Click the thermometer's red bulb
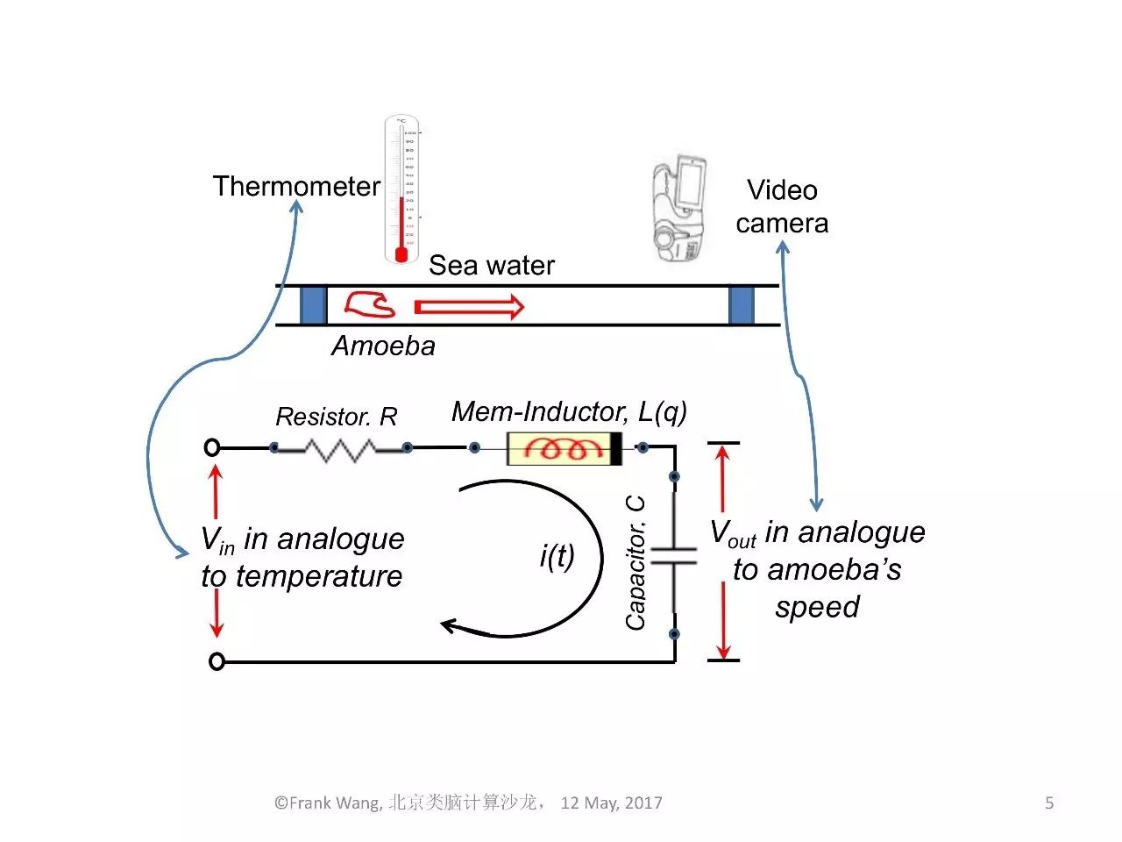[401, 254]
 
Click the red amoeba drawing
[369, 303]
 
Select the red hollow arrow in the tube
[468, 306]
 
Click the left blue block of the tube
[313, 305]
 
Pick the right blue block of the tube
[741, 305]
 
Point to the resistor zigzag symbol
[340, 449]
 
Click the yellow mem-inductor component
[564, 449]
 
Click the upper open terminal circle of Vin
[211, 447]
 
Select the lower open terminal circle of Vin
[217, 661]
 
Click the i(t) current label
[557, 555]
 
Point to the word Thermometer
[296, 186]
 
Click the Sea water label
[491, 265]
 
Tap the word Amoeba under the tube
[383, 346]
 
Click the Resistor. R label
[336, 417]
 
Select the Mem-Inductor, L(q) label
[569, 410]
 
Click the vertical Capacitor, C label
[636, 562]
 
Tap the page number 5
[1049, 803]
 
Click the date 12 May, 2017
[611, 803]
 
